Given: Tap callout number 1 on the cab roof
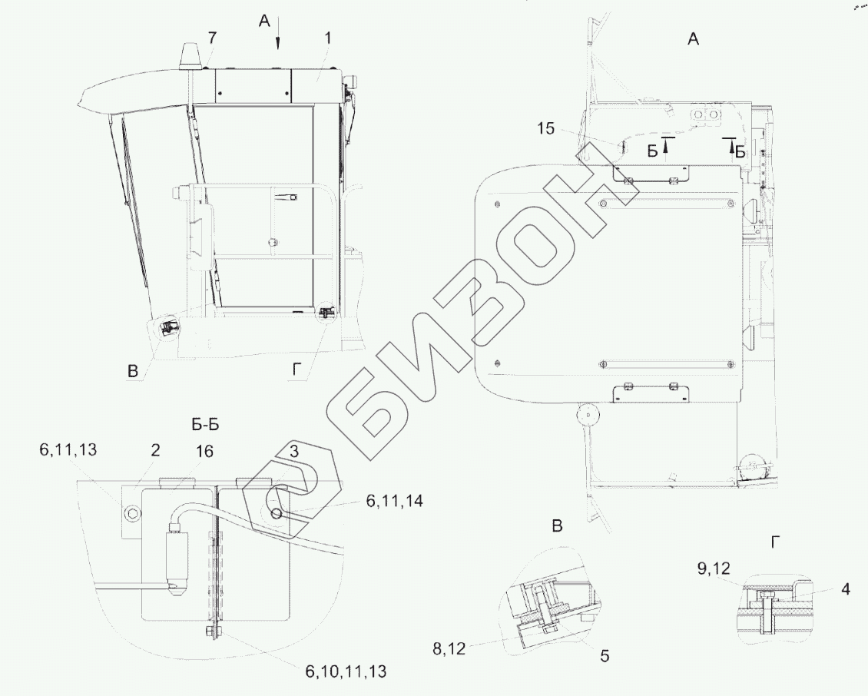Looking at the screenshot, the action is coord(328,38).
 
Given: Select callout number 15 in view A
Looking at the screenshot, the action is coord(545,128).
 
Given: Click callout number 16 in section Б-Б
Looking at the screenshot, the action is coord(204,451).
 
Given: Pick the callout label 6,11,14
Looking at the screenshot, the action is coord(395,501).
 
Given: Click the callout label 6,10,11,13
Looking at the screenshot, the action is coord(346,671).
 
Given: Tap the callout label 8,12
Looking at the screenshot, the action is coord(449,648).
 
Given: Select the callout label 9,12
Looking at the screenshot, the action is coord(714,568).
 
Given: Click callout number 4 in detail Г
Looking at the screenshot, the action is coord(845,589).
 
